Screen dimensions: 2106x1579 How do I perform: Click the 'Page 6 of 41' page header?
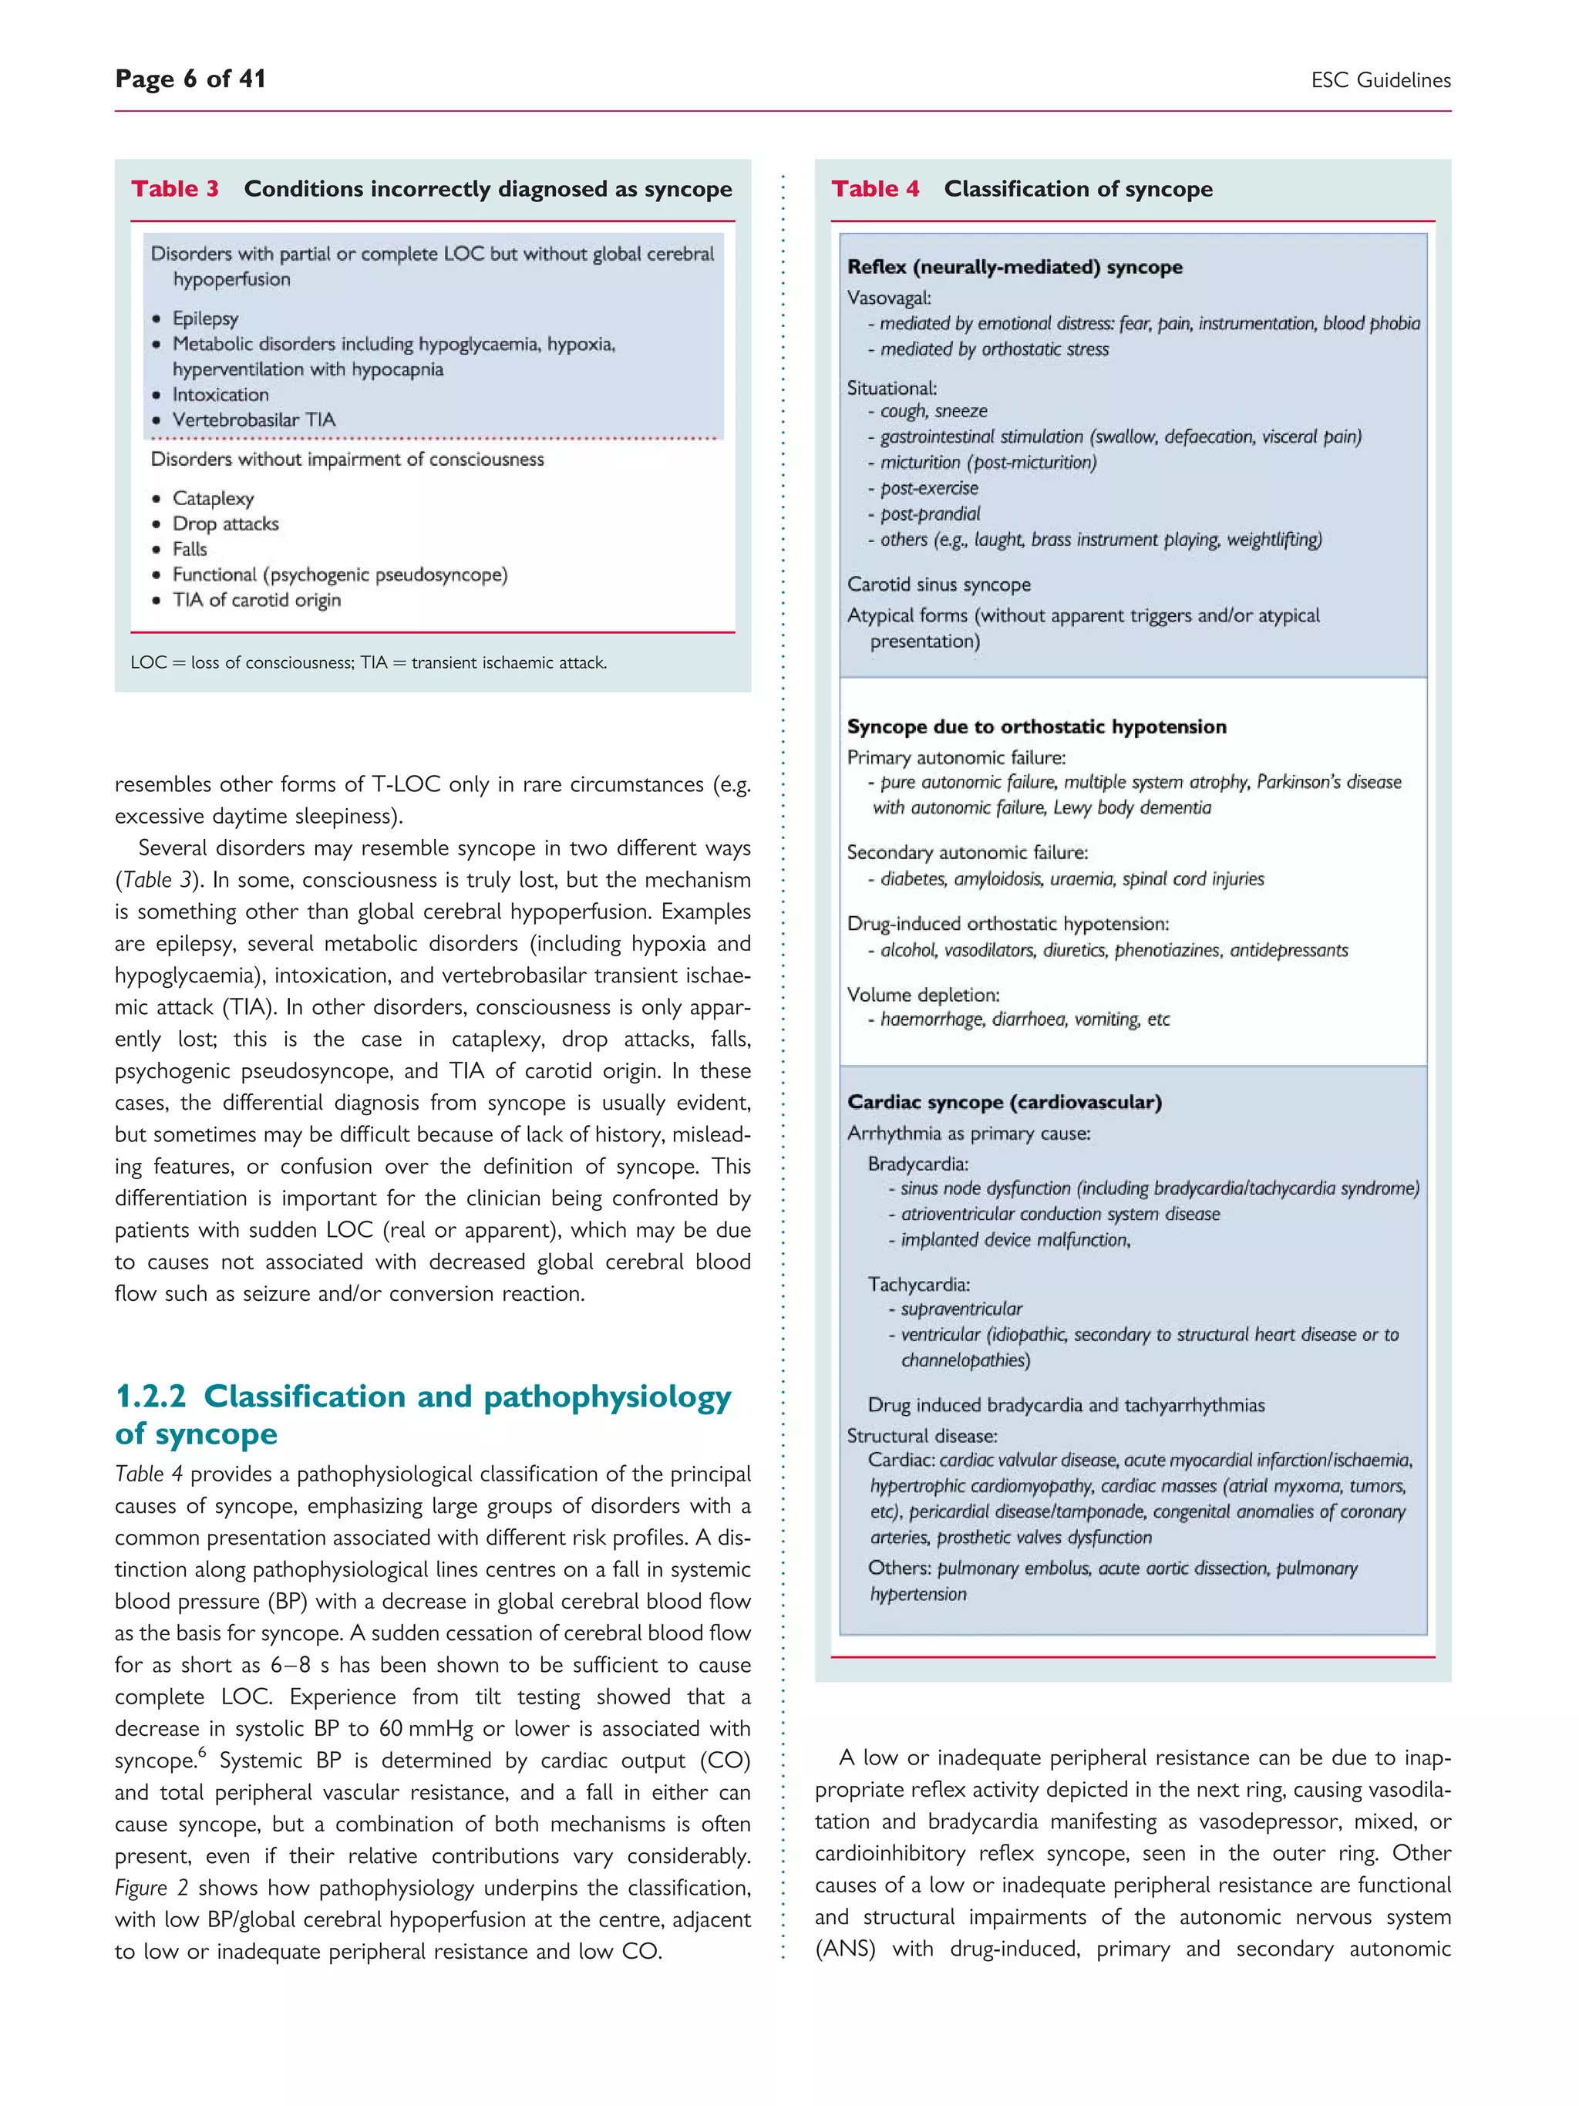click(x=190, y=79)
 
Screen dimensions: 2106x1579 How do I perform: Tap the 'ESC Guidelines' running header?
click(x=1379, y=81)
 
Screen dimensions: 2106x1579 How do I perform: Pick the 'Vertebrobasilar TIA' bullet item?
click(x=253, y=420)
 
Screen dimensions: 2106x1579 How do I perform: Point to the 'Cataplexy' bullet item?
click(x=214, y=499)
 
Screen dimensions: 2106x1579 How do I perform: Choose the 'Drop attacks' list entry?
click(x=226, y=524)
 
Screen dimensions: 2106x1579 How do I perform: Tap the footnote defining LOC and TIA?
click(x=369, y=662)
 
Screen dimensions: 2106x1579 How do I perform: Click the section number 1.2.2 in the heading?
click(x=150, y=1397)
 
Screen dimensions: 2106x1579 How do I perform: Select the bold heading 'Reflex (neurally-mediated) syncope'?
click(x=1015, y=268)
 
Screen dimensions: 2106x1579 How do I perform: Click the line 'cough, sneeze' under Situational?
click(x=933, y=411)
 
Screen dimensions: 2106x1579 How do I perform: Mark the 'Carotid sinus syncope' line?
click(x=938, y=585)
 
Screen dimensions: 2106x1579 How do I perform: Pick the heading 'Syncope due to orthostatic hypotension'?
click(x=1036, y=727)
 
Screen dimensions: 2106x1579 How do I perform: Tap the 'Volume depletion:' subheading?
click(x=923, y=995)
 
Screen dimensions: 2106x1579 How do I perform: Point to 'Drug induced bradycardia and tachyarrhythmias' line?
click(x=1066, y=1405)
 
